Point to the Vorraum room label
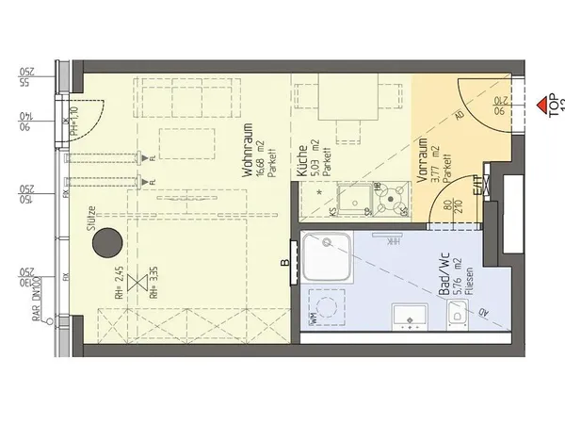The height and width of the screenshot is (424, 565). [423, 161]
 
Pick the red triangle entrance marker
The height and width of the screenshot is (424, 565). [541, 102]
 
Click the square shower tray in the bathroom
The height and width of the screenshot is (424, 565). [328, 258]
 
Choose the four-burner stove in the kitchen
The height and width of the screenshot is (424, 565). [393, 198]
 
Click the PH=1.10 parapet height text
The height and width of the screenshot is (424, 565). [74, 120]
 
